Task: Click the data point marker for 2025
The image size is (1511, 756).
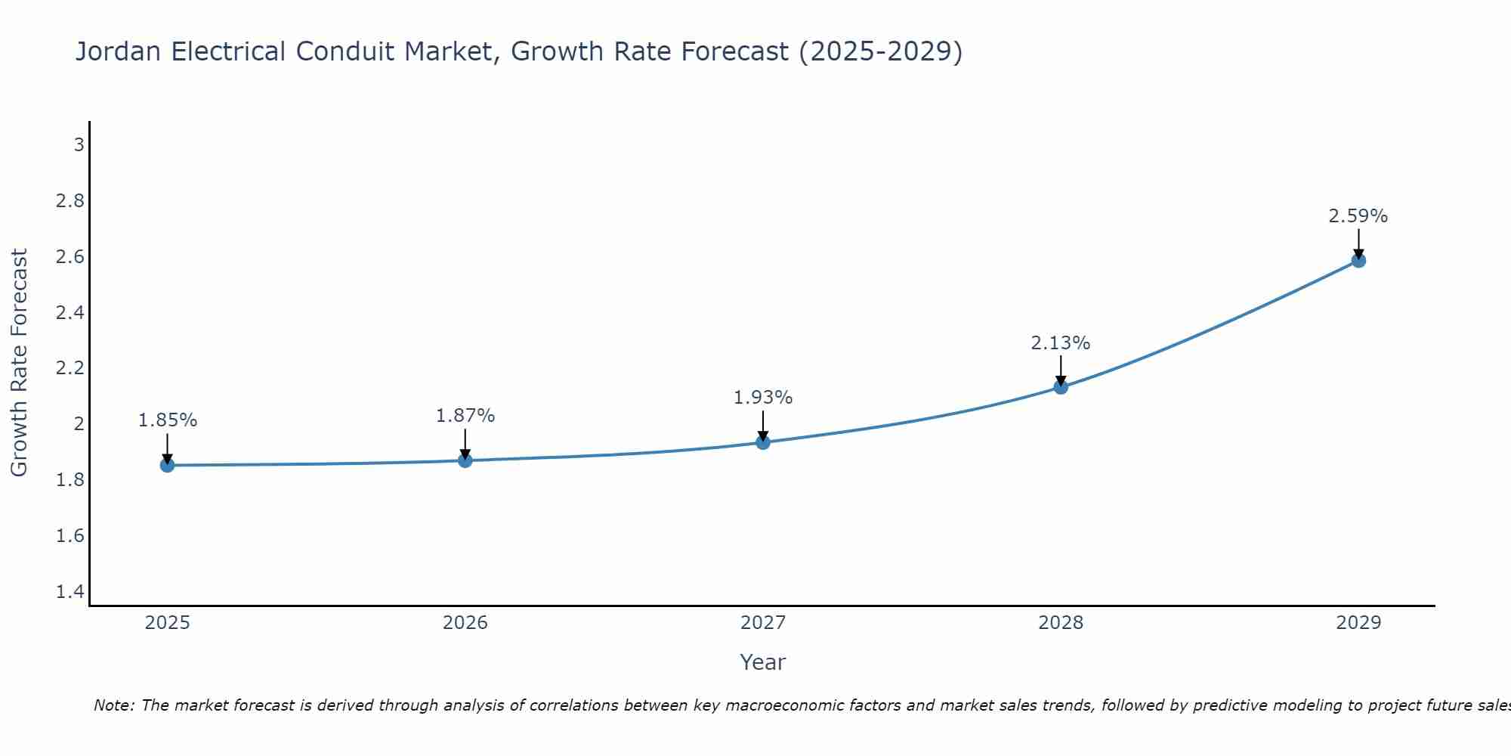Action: [x=168, y=465]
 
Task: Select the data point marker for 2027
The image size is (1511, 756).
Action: [x=763, y=442]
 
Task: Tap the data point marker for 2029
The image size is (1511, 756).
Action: [x=1358, y=261]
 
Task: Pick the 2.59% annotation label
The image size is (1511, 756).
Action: [x=1358, y=216]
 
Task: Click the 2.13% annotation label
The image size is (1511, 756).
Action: [x=1061, y=343]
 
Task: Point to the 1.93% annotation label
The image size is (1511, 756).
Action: [x=763, y=398]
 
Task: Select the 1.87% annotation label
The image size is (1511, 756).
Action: [x=465, y=416]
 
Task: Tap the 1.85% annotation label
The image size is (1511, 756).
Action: [x=168, y=420]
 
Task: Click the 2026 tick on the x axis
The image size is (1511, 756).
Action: [x=465, y=623]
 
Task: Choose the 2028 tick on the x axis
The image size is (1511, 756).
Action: [x=1061, y=623]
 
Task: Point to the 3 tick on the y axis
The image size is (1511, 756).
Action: [x=79, y=144]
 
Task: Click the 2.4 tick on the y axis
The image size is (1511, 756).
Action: [x=70, y=312]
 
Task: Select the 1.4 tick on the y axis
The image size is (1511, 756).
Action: [x=70, y=591]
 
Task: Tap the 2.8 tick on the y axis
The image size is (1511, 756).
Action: [x=70, y=200]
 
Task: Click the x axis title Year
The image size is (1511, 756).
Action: [x=763, y=662]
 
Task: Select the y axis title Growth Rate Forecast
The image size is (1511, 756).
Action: [x=20, y=363]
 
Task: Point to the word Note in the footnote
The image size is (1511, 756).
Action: [x=113, y=705]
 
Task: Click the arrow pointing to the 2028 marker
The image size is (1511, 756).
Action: [x=1061, y=370]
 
